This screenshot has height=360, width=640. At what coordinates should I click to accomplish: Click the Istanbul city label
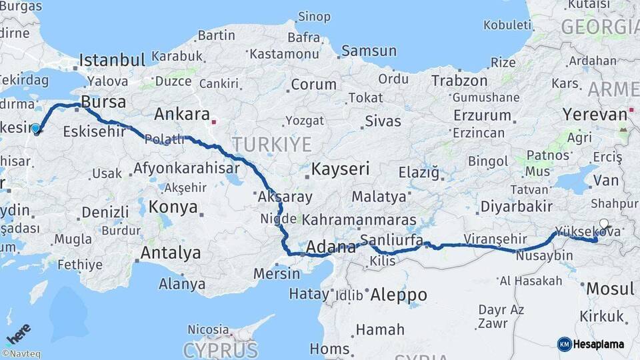tap(112, 60)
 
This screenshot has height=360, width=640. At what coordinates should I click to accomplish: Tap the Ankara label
tap(182, 114)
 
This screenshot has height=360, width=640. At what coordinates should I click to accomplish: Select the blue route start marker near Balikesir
tap(35, 128)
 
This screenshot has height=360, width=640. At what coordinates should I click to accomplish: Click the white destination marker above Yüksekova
tap(604, 224)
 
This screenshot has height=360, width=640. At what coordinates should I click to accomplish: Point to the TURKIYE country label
tap(271, 144)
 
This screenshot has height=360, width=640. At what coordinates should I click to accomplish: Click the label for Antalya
tap(170, 253)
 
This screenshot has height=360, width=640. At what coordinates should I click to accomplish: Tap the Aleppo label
tap(398, 294)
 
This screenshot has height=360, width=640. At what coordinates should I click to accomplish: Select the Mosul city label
tap(610, 289)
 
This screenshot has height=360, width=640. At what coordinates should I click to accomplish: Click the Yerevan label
tap(595, 114)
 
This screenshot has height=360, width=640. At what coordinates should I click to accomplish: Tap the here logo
tap(18, 333)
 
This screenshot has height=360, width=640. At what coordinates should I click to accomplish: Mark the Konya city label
tap(173, 207)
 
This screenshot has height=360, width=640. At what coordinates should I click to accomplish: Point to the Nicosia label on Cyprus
tap(208, 329)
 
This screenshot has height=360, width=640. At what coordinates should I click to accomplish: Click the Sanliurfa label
tap(391, 239)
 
